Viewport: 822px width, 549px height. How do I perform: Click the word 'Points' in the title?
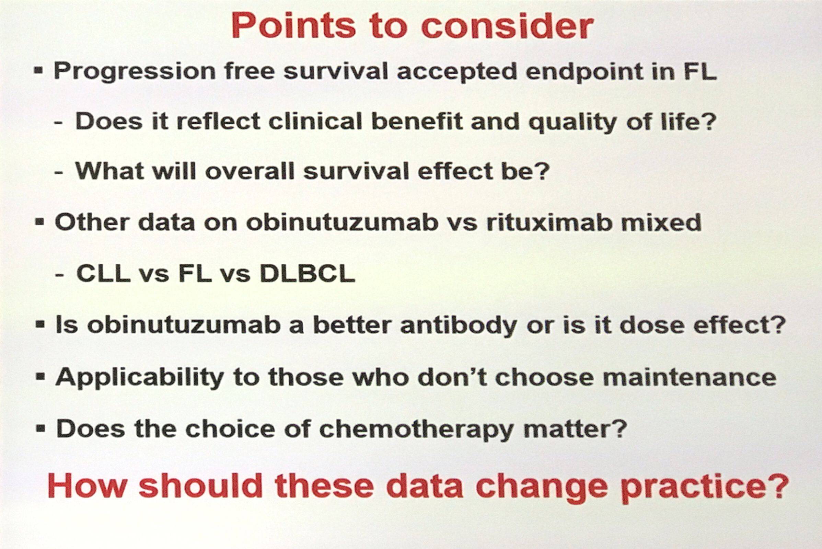click(293, 26)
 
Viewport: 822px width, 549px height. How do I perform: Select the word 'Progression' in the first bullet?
click(135, 72)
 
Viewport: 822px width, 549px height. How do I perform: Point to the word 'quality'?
click(573, 123)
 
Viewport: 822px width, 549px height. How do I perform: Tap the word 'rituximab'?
click(549, 222)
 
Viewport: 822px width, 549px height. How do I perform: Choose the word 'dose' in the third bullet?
click(651, 324)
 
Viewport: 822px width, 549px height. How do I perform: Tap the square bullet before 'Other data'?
click(40, 222)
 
